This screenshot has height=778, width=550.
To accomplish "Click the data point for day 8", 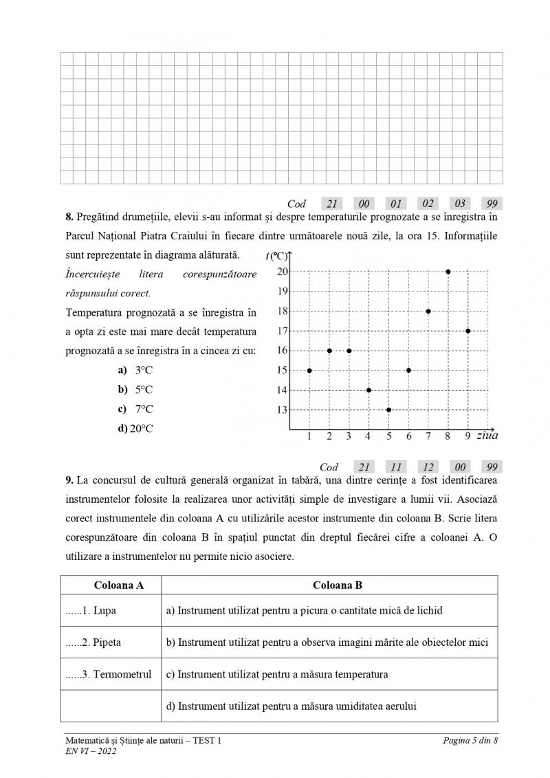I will (x=448, y=272).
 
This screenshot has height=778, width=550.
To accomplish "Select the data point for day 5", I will (x=388, y=410).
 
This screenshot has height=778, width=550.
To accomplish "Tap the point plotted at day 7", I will (x=428, y=311).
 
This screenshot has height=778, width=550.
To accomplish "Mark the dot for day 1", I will (x=309, y=370).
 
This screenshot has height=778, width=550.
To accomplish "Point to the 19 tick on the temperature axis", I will (x=283, y=291).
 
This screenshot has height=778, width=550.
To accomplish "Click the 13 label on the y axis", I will (x=283, y=410).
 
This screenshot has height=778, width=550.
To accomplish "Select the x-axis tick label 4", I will (x=368, y=435).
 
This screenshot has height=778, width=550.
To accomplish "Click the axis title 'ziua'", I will (x=487, y=435).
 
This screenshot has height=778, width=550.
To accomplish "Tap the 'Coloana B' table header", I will (x=337, y=585).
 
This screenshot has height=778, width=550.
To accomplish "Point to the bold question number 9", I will (x=69, y=479).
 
